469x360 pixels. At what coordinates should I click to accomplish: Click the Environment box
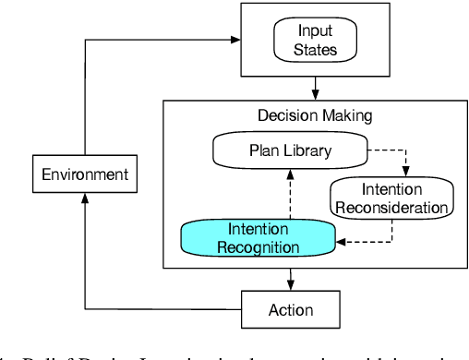click(85, 174)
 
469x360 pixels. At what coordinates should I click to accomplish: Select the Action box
click(291, 309)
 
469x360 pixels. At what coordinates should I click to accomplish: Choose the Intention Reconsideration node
click(391, 198)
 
